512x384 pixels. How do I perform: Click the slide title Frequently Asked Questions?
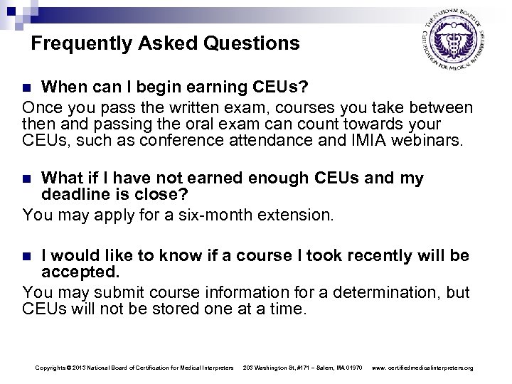166,44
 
